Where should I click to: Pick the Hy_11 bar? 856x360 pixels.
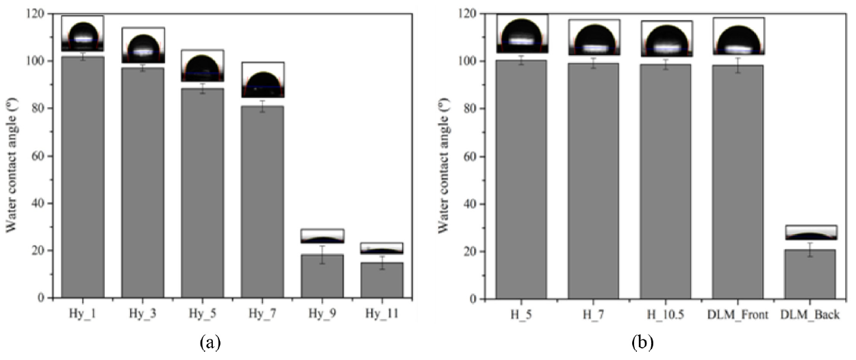point(381,280)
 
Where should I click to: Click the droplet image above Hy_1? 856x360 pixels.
point(82,34)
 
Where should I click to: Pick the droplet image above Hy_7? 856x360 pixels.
point(262,80)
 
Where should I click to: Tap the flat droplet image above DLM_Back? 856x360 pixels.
point(811,233)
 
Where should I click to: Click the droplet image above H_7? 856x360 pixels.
point(594,37)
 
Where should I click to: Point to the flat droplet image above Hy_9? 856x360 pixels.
point(321,236)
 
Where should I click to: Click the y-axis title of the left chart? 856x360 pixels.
point(12,155)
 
